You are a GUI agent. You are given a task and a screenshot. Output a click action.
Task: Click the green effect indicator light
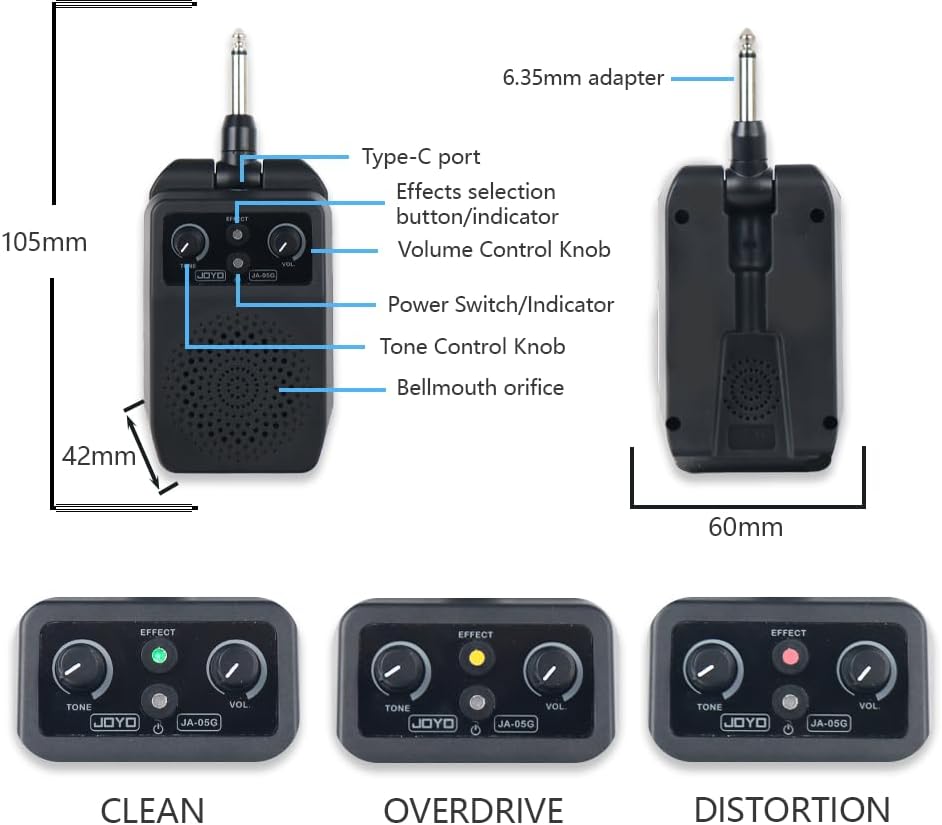(156, 657)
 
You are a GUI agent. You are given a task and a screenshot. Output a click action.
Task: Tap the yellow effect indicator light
(475, 658)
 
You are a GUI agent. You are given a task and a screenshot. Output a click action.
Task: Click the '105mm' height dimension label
(44, 242)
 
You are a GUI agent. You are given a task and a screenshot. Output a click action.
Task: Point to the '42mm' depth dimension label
(98, 456)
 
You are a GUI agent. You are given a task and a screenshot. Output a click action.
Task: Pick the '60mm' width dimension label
(745, 526)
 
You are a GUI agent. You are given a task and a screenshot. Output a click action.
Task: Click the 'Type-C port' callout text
(420, 157)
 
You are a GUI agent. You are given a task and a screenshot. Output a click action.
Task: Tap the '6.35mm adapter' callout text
(583, 77)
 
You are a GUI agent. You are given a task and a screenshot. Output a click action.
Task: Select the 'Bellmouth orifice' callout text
(480, 387)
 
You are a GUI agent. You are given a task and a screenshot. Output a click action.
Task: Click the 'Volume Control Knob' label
(504, 249)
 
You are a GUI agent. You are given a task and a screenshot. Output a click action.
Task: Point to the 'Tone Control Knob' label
(472, 346)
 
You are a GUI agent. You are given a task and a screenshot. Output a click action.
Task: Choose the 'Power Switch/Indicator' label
(500, 304)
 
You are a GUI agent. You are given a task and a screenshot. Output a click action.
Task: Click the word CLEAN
(152, 808)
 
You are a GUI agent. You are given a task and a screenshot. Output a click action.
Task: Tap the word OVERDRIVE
(473, 808)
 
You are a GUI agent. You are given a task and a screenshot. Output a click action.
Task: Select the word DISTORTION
(791, 808)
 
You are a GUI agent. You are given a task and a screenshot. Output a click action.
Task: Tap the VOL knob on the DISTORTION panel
(862, 668)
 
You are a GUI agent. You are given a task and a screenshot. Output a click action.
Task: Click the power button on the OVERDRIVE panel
(475, 699)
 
